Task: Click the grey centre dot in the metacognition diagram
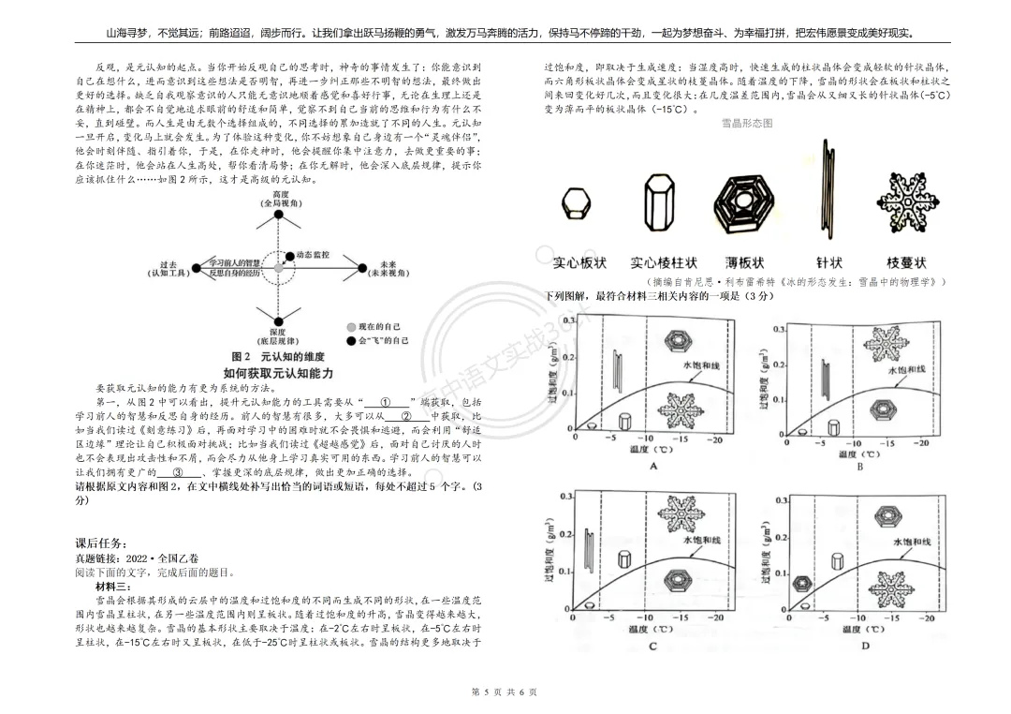pyautogui.click(x=279, y=267)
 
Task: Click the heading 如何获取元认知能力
pyautogui.click(x=278, y=373)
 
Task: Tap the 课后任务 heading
pyautogui.click(x=101, y=543)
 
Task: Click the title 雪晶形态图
pyautogui.click(x=747, y=123)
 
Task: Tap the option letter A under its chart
pyautogui.click(x=654, y=467)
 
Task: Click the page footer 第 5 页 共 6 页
pyautogui.click(x=505, y=692)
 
